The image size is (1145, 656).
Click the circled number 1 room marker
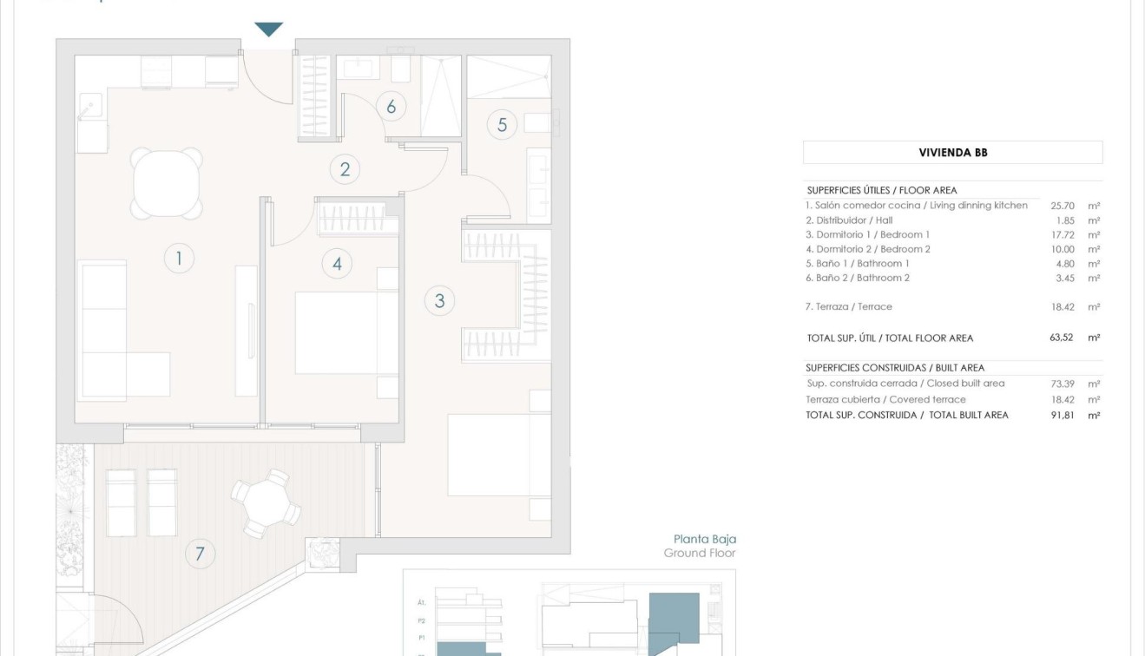179,258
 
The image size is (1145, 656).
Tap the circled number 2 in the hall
345,169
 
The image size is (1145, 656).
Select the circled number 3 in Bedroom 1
440,301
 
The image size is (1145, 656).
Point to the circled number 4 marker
337,264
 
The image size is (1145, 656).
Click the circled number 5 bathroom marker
502,124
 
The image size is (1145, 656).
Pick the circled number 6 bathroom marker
392,107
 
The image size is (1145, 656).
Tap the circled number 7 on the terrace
200,553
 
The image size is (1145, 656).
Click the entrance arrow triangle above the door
269,30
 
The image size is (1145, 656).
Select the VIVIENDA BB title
953,153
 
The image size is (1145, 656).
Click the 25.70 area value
1063,206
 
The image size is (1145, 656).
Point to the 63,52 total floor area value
1062,338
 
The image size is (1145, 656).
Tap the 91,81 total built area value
1063,415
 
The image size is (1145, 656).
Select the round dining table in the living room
167,184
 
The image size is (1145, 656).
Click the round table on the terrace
266,503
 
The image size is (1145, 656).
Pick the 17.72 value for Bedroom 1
1063,234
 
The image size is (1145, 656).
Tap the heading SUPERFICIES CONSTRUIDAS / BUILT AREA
895,368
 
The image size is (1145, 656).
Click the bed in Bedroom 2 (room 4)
345,333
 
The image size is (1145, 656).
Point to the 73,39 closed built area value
1063,384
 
